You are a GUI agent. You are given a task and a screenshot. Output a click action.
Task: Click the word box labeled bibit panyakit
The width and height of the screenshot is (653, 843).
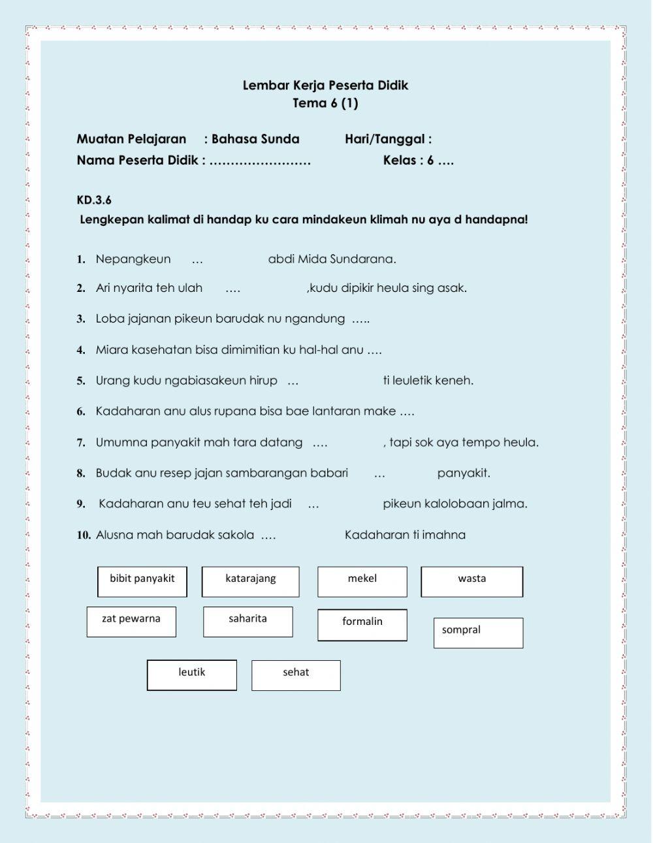tap(142, 581)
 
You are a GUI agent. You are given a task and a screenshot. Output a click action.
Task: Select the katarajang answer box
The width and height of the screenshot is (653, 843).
tap(250, 581)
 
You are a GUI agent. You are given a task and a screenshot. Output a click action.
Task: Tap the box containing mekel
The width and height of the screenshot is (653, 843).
tap(362, 581)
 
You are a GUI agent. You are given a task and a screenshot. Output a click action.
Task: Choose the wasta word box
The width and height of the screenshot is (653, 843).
tap(471, 581)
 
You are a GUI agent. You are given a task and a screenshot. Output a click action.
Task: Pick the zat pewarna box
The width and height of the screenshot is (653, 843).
tap(131, 621)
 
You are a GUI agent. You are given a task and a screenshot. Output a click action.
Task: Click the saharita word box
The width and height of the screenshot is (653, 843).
tap(247, 621)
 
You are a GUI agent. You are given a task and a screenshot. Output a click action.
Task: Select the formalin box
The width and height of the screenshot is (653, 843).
tap(362, 624)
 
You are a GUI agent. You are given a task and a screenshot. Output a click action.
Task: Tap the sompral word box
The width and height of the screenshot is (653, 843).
tap(478, 632)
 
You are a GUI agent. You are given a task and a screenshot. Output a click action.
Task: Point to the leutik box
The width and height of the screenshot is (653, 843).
tap(192, 675)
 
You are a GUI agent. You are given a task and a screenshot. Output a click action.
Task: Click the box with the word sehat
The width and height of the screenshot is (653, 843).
tap(296, 675)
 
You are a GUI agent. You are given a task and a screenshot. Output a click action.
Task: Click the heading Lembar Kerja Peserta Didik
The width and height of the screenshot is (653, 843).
tap(325, 86)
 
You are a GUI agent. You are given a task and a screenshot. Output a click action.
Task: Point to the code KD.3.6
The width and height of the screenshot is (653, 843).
tap(94, 200)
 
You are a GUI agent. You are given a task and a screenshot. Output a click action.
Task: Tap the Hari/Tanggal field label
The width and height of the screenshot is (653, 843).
tap(388, 139)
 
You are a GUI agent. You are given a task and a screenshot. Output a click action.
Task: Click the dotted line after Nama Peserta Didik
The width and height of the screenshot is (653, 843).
tap(260, 161)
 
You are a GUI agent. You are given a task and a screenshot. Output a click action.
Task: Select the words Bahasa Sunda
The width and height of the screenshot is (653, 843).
tap(255, 139)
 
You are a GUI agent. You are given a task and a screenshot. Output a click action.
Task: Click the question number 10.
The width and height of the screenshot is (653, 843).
tap(83, 535)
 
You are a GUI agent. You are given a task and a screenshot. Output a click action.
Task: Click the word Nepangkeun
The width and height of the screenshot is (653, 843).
tap(133, 259)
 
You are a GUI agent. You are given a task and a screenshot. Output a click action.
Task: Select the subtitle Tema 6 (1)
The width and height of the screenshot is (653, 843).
tap(325, 103)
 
